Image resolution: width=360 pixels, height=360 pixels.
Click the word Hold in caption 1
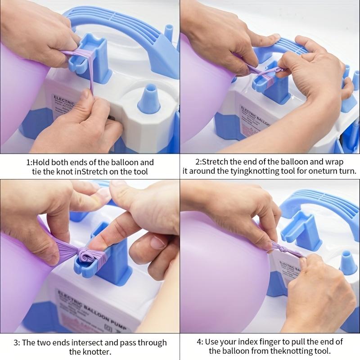click(x=43, y=162)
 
